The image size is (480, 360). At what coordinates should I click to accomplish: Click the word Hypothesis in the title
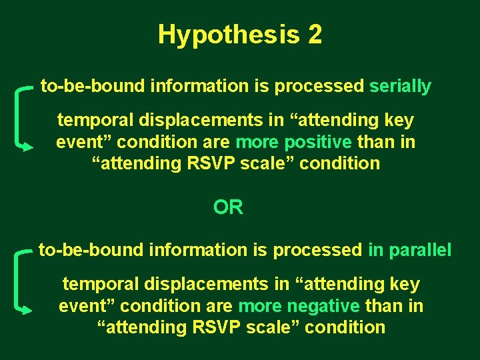229,35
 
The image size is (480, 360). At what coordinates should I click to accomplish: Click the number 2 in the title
315,35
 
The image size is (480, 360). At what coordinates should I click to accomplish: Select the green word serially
400,86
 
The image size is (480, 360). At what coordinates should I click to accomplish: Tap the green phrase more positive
293,142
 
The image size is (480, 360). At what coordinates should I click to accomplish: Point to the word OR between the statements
228,207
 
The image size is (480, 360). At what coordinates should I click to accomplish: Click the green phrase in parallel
409,250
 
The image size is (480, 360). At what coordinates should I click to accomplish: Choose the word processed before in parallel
317,250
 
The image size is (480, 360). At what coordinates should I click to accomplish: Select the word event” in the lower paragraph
84,306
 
